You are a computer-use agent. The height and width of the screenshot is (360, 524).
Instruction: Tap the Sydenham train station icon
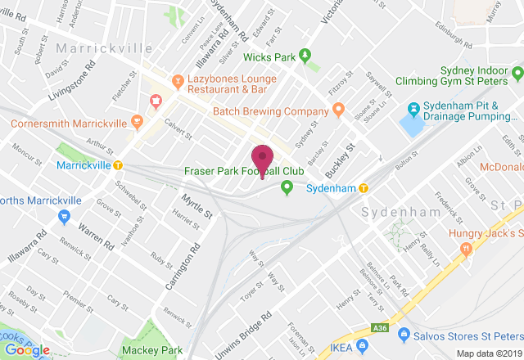click(364, 188)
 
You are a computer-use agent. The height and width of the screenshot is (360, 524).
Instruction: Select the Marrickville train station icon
click(119, 164)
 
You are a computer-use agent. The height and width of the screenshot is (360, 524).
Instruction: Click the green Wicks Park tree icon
click(305, 56)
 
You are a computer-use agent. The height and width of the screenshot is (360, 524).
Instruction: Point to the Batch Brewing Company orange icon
click(337, 110)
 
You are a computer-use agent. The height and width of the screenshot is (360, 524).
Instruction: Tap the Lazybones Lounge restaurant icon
click(177, 81)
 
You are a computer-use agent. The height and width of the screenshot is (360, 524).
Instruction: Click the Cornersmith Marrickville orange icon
click(137, 124)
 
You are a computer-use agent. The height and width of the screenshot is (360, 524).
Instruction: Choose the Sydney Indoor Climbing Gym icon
click(515, 75)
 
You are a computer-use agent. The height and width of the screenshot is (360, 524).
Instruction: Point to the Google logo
click(26, 349)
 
